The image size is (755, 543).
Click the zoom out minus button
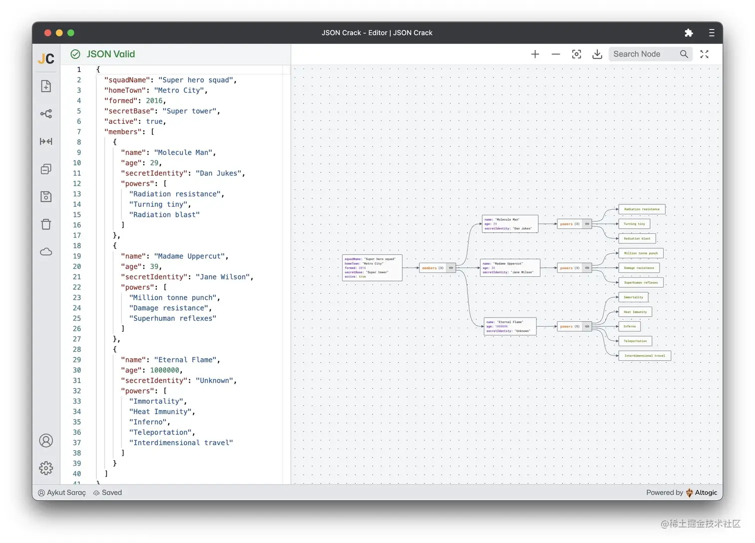coord(556,54)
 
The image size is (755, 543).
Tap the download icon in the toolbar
coord(597,54)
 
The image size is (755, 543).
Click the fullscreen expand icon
coord(704,54)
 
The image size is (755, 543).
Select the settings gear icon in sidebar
coord(46,468)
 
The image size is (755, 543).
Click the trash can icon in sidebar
coord(46,224)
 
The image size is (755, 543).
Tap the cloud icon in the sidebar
coord(46,252)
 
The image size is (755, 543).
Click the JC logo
coord(46,59)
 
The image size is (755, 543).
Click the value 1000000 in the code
coord(165,370)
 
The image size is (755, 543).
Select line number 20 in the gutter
coord(77,266)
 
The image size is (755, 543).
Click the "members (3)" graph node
coord(432,268)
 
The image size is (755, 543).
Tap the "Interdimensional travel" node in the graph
coord(644,356)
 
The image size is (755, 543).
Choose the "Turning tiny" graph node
coord(634,224)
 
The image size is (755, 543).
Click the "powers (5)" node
coord(569,327)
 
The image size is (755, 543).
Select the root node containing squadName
coord(372,268)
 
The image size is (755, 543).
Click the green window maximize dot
coord(71,33)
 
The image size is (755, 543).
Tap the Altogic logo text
coord(706,493)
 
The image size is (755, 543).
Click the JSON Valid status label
coord(110,54)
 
